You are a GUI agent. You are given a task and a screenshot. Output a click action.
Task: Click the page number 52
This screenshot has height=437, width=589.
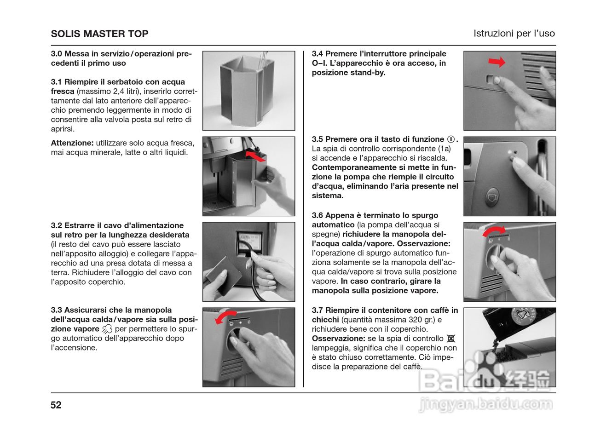click(56, 405)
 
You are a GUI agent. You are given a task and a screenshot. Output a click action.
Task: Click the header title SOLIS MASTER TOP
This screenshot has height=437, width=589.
click(99, 34)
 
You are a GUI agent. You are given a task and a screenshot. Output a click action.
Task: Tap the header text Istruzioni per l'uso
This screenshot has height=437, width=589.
click(514, 34)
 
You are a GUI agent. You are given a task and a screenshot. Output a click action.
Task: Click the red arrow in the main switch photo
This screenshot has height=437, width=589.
click(497, 62)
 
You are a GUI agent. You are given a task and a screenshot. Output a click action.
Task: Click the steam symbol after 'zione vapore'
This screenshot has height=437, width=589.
click(107, 329)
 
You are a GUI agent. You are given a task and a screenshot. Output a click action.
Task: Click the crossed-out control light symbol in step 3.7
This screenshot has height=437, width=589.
click(451, 339)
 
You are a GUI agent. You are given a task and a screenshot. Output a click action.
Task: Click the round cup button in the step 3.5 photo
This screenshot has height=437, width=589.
click(492, 196)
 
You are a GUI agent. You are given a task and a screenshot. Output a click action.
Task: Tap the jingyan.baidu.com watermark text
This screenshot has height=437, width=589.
click(485, 405)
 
